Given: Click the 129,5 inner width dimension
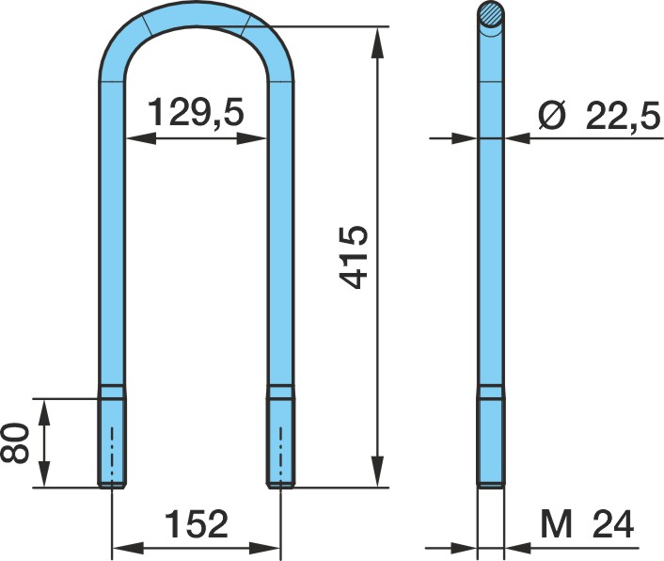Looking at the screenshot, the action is pyautogui.click(x=197, y=112).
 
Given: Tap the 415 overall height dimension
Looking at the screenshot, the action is pyautogui.click(x=354, y=257).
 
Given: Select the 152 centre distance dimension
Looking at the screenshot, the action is pyautogui.click(x=197, y=523).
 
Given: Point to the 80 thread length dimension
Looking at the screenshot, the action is pyautogui.click(x=15, y=442).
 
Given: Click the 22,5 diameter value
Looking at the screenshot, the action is pyautogui.click(x=623, y=115).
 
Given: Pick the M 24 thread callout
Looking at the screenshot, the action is pyautogui.click(x=587, y=523).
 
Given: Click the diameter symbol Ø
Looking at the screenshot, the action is pyautogui.click(x=553, y=115).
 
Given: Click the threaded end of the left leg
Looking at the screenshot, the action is pyautogui.click(x=112, y=442).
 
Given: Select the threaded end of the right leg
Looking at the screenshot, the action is pyautogui.click(x=280, y=442).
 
